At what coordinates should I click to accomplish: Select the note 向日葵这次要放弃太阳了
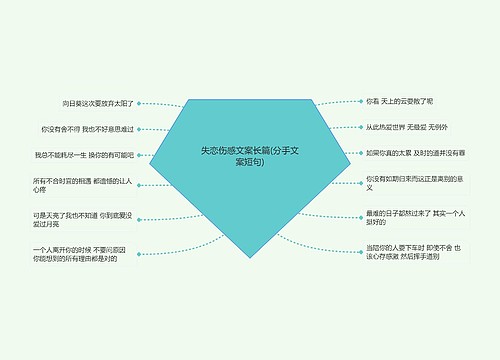(98, 103)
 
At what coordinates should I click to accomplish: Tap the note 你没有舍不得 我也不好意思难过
(87, 129)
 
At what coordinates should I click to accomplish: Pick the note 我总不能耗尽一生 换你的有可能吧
(83, 155)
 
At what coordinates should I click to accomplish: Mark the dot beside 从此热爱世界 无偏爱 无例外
(360, 127)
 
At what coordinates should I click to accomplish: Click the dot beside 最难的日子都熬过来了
(360, 217)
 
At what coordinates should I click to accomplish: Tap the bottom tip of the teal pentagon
(249, 258)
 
